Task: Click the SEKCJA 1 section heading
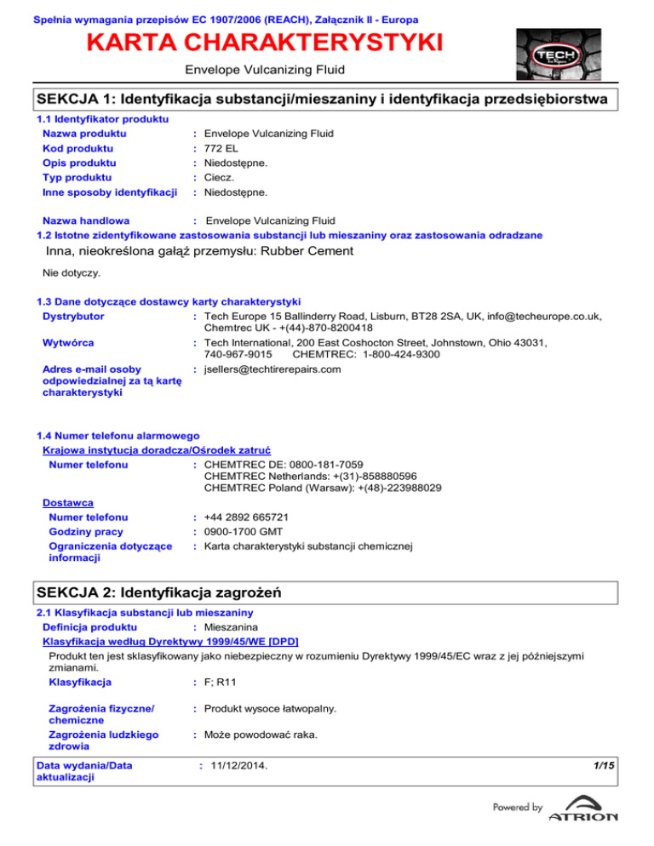322,100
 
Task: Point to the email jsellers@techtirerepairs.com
272,369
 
